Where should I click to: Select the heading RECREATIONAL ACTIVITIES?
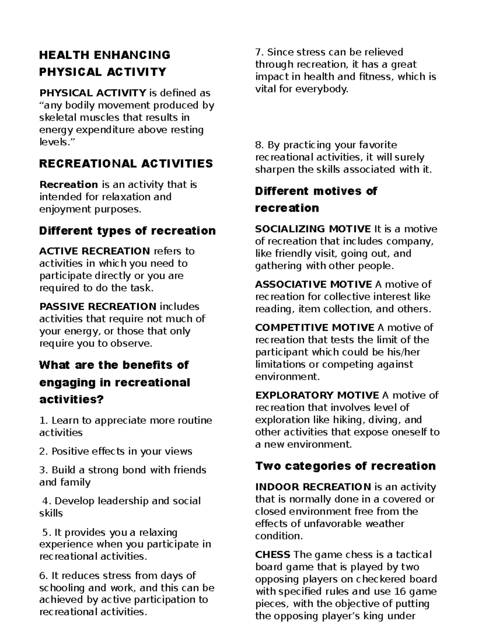click(x=126, y=164)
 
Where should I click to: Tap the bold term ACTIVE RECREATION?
click(x=94, y=251)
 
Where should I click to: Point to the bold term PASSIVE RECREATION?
click(x=98, y=307)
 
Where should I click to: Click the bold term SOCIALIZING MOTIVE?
click(x=313, y=229)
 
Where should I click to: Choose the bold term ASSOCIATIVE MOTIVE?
click(x=314, y=284)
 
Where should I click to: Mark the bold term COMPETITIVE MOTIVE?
click(x=315, y=328)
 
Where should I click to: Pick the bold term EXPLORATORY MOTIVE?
click(x=317, y=395)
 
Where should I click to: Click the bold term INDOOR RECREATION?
click(x=313, y=487)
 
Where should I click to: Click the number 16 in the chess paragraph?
click(x=395, y=592)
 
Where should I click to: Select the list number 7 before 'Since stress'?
click(x=259, y=53)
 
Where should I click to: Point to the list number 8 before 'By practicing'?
click(x=259, y=146)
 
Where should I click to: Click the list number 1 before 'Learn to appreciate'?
click(x=42, y=421)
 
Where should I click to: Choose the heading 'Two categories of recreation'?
click(x=345, y=466)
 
